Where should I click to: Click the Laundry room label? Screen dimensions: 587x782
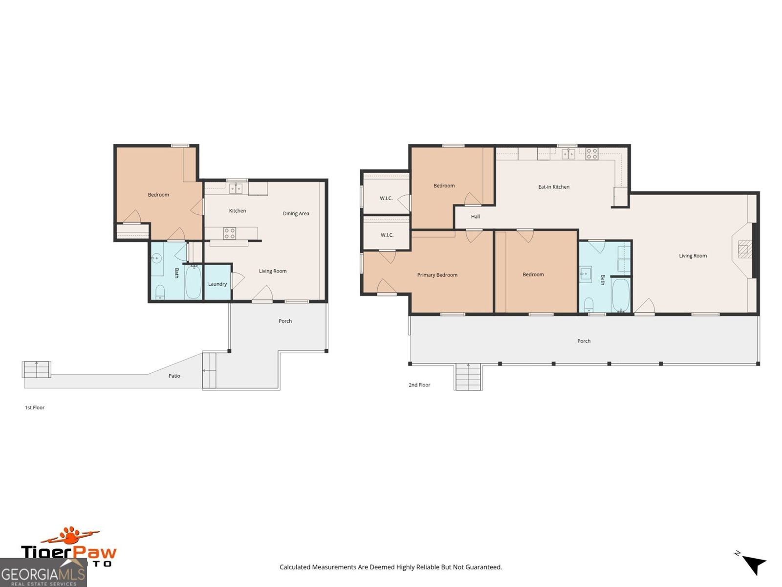pyautogui.click(x=217, y=284)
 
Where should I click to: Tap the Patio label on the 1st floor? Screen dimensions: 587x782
pyautogui.click(x=174, y=376)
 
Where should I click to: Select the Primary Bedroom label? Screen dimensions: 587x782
pyautogui.click(x=437, y=275)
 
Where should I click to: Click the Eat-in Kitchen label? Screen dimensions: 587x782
pyautogui.click(x=554, y=187)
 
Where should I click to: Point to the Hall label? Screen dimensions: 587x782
pyautogui.click(x=476, y=217)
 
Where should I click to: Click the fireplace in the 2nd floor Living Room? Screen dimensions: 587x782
pyautogui.click(x=743, y=249)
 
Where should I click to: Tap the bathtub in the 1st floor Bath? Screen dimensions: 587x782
pyautogui.click(x=194, y=282)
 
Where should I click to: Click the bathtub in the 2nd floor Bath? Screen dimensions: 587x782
pyautogui.click(x=621, y=295)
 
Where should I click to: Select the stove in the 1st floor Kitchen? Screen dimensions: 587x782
pyautogui.click(x=229, y=233)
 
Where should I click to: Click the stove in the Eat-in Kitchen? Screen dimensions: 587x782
pyautogui.click(x=592, y=154)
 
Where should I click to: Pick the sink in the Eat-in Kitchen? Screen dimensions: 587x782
pyautogui.click(x=568, y=154)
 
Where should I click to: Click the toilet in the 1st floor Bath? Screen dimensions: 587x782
pyautogui.click(x=160, y=293)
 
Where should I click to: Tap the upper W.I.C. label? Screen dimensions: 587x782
pyautogui.click(x=386, y=198)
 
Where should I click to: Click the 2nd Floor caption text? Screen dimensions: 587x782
pyautogui.click(x=419, y=385)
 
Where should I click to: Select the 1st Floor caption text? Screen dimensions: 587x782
pyautogui.click(x=35, y=407)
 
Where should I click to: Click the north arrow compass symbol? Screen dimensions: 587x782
pyautogui.click(x=754, y=564)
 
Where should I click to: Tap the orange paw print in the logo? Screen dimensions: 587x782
pyautogui.click(x=72, y=536)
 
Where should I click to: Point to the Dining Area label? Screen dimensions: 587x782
pyautogui.click(x=296, y=214)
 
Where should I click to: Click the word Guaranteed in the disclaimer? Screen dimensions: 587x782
pyautogui.click(x=484, y=567)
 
